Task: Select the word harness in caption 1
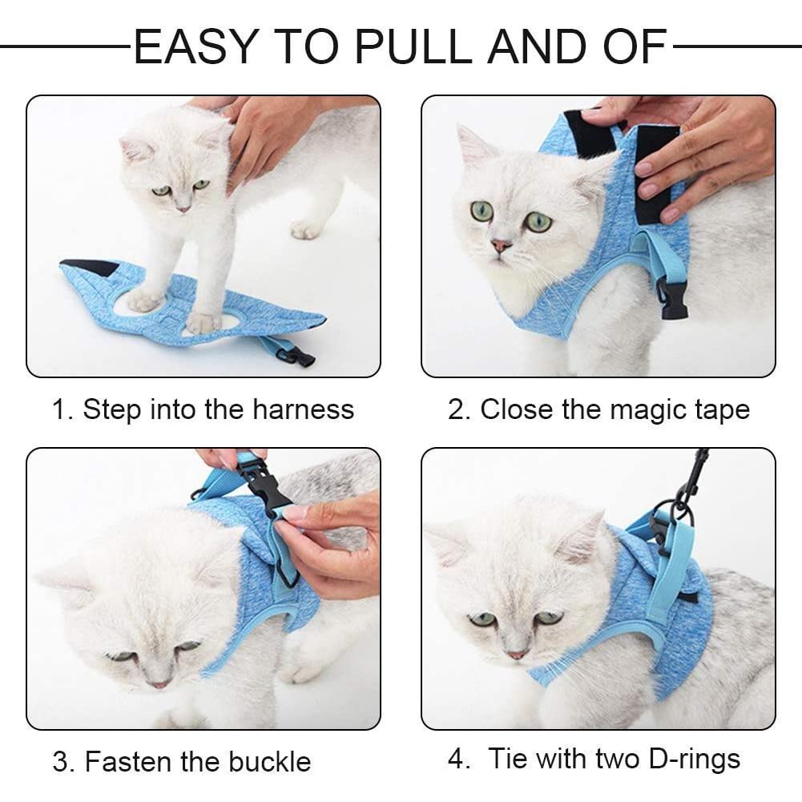coord(303,409)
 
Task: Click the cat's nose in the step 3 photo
coord(159,683)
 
